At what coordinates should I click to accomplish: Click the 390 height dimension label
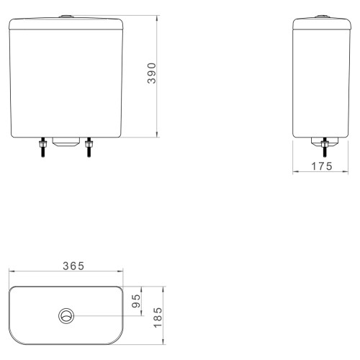tap(152, 73)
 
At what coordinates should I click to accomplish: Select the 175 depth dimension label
tap(322, 166)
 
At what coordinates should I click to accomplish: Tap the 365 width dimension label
tap(73, 266)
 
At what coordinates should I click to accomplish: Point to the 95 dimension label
tap(136, 301)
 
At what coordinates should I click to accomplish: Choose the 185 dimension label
tap(158, 318)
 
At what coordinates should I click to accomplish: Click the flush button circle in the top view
tap(66, 316)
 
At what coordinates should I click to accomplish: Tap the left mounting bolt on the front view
tap(42, 148)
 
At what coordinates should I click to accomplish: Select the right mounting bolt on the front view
tap(89, 148)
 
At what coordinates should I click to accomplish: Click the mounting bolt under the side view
tap(325, 148)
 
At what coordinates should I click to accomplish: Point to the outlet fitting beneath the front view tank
tap(66, 142)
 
